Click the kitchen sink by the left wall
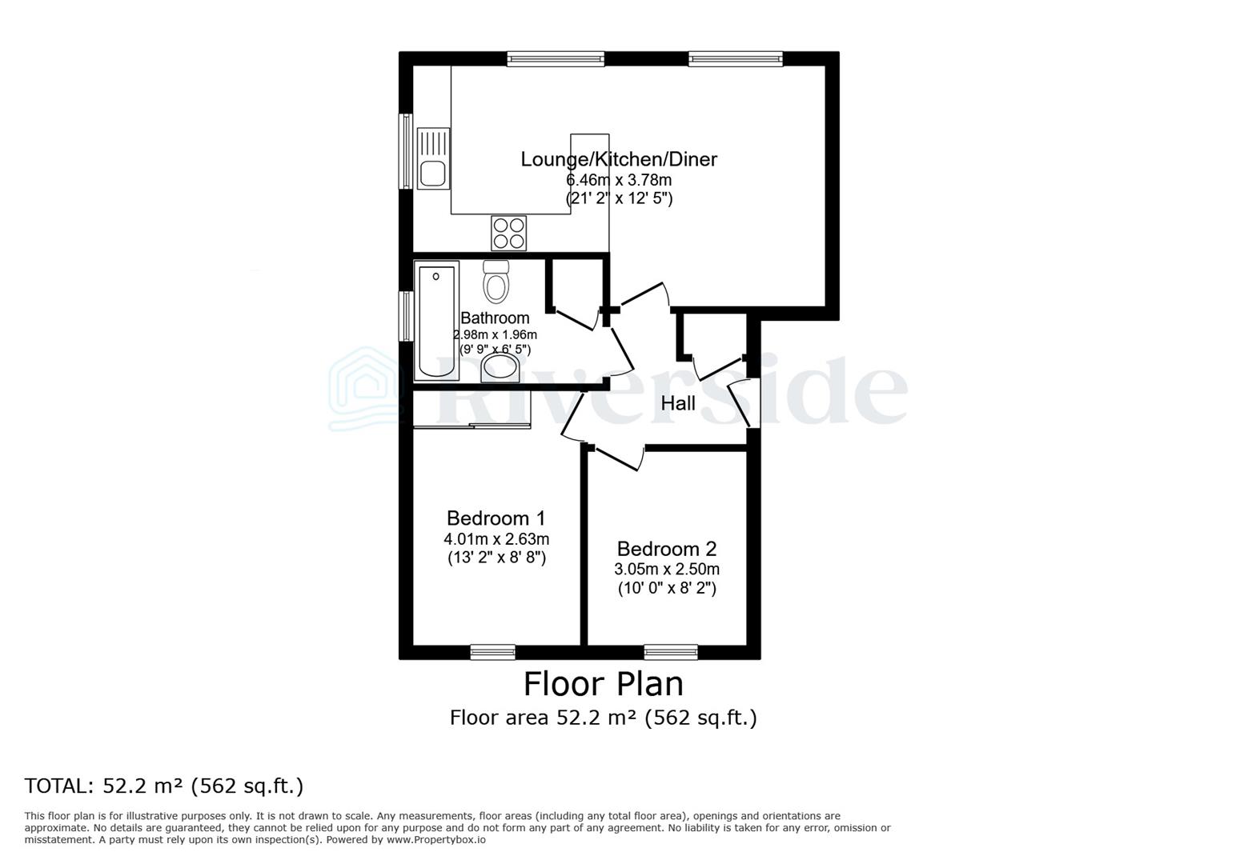tap(433, 159)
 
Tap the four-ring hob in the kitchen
tap(509, 233)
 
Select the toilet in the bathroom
tap(496, 282)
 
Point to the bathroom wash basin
tap(500, 369)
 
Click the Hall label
tap(677, 403)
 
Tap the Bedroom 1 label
tap(496, 518)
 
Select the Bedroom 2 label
tap(666, 549)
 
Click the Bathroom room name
tap(495, 318)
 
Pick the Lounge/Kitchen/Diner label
tap(619, 159)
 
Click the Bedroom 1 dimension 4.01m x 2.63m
tap(496, 538)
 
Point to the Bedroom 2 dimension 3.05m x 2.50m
tap(666, 570)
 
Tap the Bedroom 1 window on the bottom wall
tap(492, 652)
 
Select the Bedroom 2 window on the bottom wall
tap(671, 652)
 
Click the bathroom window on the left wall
tap(406, 317)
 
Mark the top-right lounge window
tap(735, 58)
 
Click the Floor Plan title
tap(603, 684)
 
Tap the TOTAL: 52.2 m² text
tap(164, 786)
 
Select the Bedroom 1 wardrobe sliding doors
tap(472, 427)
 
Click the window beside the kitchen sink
tap(406, 151)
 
